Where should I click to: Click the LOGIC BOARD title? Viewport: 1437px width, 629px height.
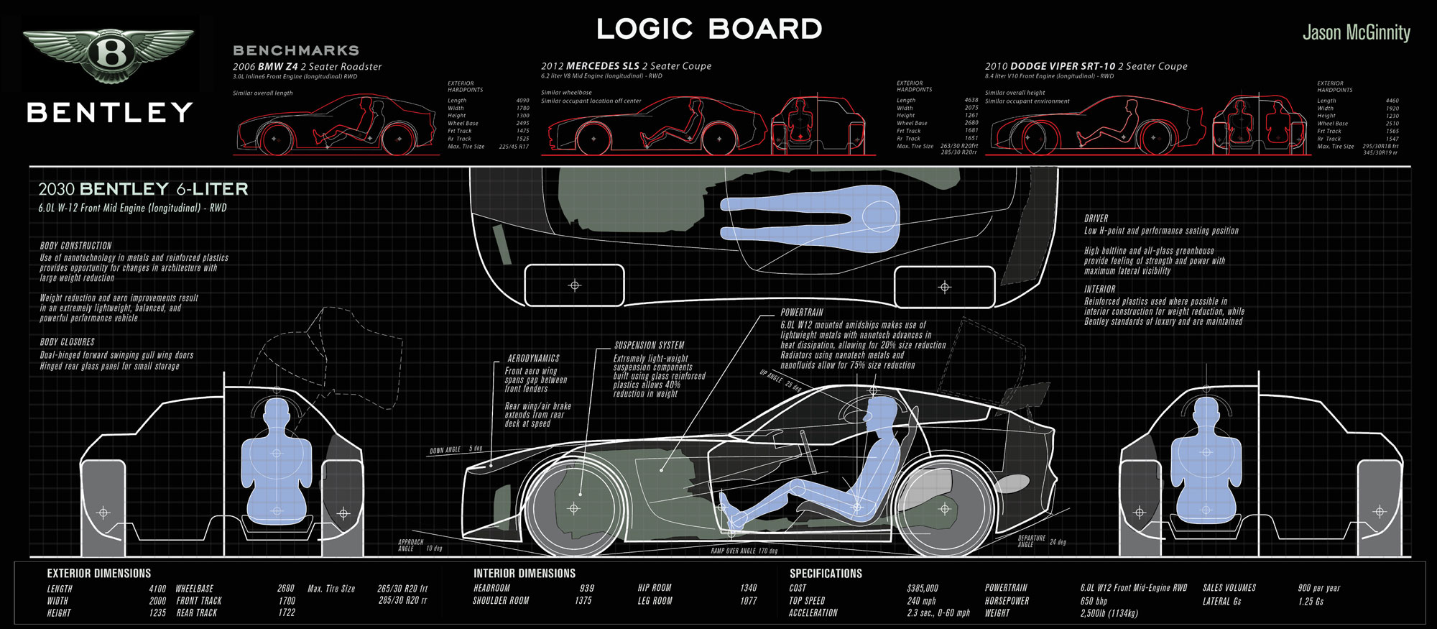tap(709, 29)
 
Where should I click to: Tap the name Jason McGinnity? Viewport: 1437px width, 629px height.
tap(1356, 33)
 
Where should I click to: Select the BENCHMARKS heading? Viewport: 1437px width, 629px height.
tap(296, 50)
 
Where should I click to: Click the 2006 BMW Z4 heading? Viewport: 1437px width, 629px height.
tap(307, 67)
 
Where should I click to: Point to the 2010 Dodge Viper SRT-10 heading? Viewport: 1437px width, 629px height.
tap(1086, 66)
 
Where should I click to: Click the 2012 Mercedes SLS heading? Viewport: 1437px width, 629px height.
tap(626, 66)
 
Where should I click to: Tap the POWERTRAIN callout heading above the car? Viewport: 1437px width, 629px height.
tap(802, 313)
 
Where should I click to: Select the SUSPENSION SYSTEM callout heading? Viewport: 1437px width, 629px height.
tap(649, 346)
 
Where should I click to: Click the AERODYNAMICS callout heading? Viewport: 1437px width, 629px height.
tap(533, 359)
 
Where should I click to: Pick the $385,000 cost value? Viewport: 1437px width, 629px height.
tap(923, 588)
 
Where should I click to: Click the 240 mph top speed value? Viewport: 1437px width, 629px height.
tap(921, 601)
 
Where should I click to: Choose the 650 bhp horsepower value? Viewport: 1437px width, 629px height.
tap(1094, 601)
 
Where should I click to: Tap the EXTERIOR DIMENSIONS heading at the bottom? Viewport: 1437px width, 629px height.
tap(99, 574)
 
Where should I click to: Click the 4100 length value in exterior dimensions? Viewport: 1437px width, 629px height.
tap(157, 589)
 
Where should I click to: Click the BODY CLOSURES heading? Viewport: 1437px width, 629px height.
tap(68, 342)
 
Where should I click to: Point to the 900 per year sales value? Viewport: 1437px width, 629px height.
tap(1318, 588)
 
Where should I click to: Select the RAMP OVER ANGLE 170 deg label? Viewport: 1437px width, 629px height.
tap(744, 551)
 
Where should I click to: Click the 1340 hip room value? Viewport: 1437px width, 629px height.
tap(748, 588)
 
